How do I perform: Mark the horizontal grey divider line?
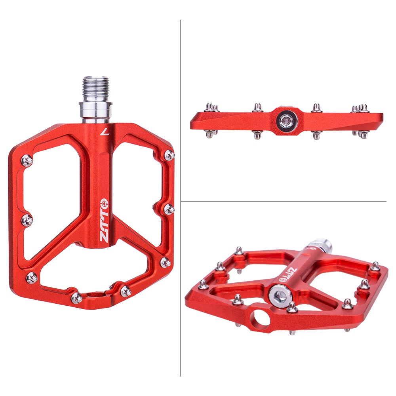point(283,201)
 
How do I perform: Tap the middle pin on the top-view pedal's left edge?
point(27,219)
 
